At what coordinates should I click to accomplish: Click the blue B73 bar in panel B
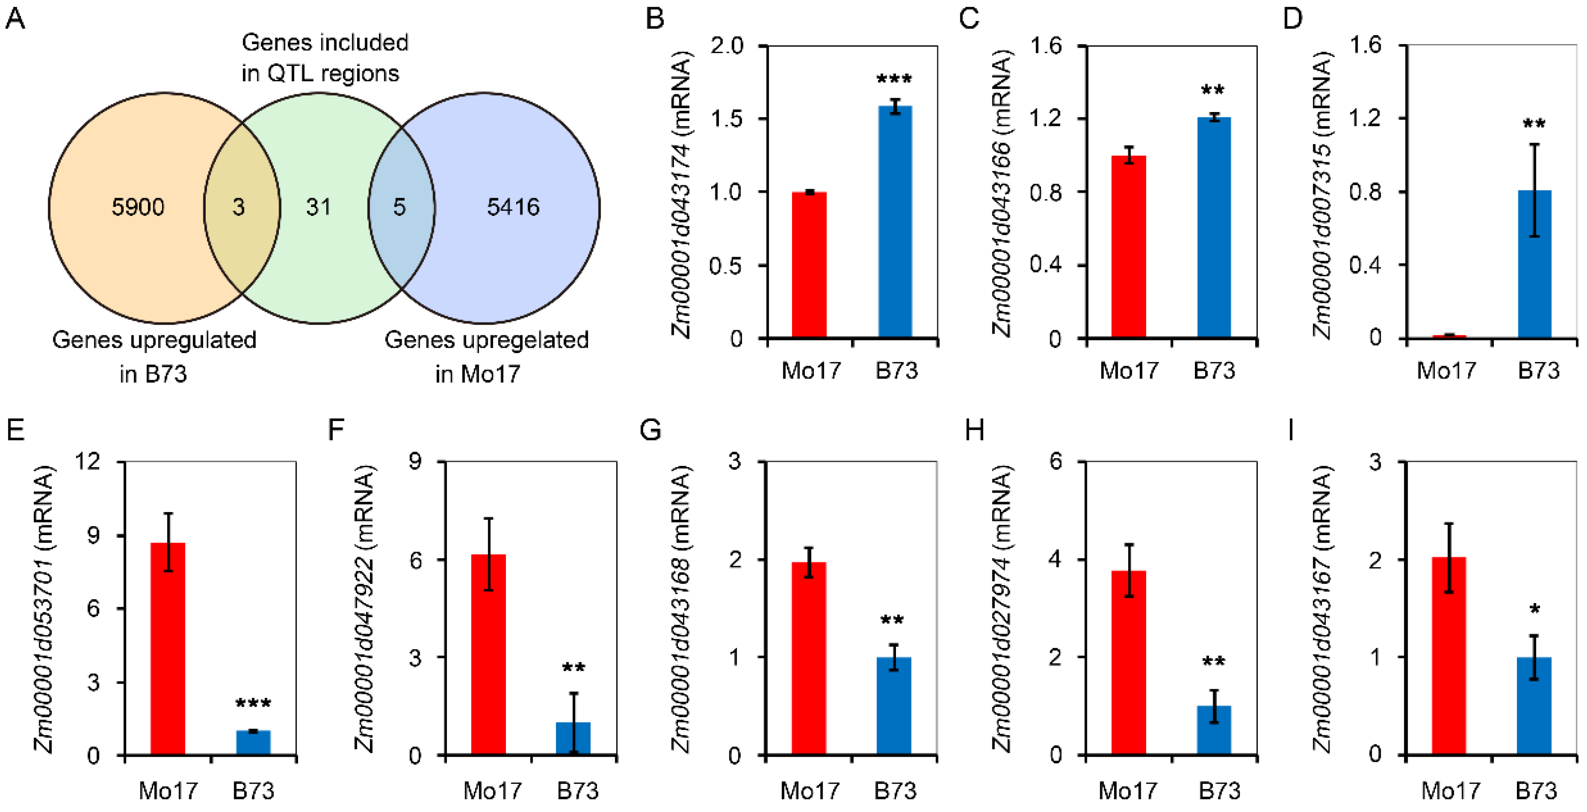(895, 222)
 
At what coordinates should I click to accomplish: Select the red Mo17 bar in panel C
(1129, 246)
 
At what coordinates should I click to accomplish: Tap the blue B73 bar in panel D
(1534, 265)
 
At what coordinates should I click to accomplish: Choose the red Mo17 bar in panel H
(1129, 662)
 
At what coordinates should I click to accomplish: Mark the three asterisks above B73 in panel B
(895, 80)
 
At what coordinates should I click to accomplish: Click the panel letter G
(651, 430)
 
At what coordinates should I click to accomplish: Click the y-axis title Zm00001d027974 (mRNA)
(1001, 608)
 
